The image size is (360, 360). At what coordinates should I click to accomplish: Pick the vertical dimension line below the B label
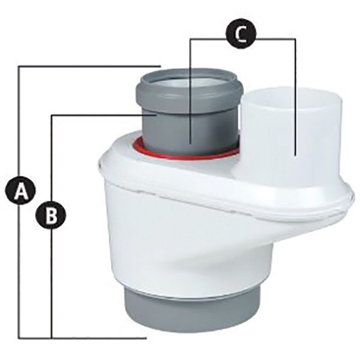tap(52, 282)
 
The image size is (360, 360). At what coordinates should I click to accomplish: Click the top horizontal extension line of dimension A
tap(90, 66)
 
